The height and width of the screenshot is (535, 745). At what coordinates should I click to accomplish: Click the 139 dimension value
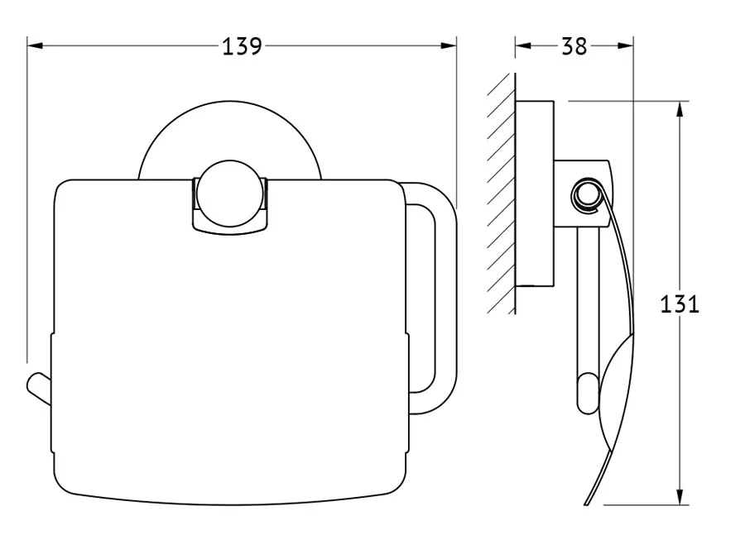pos(242,46)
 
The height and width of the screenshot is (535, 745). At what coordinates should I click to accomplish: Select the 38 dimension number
pos(574,46)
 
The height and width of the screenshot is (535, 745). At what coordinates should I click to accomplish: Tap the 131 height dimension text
pos(680,303)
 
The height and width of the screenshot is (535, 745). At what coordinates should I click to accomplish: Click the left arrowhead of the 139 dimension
pos(35,45)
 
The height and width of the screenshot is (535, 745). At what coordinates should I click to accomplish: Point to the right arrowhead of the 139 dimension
pos(449,45)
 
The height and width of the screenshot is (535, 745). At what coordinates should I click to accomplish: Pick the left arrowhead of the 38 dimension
pos(523,45)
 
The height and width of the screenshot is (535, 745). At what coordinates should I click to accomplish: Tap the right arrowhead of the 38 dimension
pos(625,45)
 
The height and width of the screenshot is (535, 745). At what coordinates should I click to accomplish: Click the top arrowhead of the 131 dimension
pos(680,109)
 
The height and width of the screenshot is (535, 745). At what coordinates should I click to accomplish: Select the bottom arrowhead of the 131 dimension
pos(680,497)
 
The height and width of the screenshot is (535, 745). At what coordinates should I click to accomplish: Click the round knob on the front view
pos(230,193)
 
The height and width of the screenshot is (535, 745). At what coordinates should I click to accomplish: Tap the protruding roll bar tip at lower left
pos(38,389)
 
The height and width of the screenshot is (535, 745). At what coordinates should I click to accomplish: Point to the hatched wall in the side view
pos(502,193)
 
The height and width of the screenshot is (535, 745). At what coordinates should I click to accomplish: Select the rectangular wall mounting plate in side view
pos(535,193)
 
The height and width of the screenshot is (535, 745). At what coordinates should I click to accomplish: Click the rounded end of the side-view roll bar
pos(589,394)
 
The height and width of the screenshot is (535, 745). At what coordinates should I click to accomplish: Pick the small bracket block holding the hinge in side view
pos(583,193)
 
